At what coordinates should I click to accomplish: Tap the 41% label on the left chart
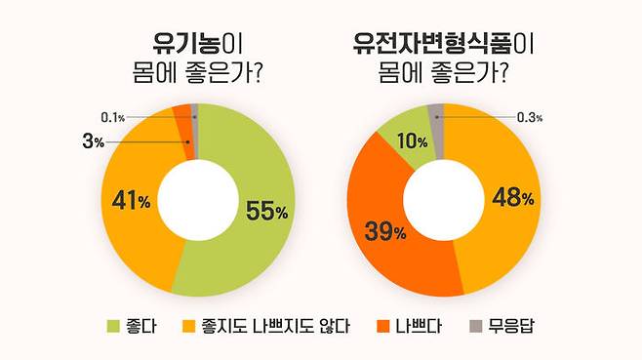[x=131, y=202]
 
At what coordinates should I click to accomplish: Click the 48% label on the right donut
[x=513, y=197]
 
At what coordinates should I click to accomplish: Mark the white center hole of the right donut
[x=445, y=200]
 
